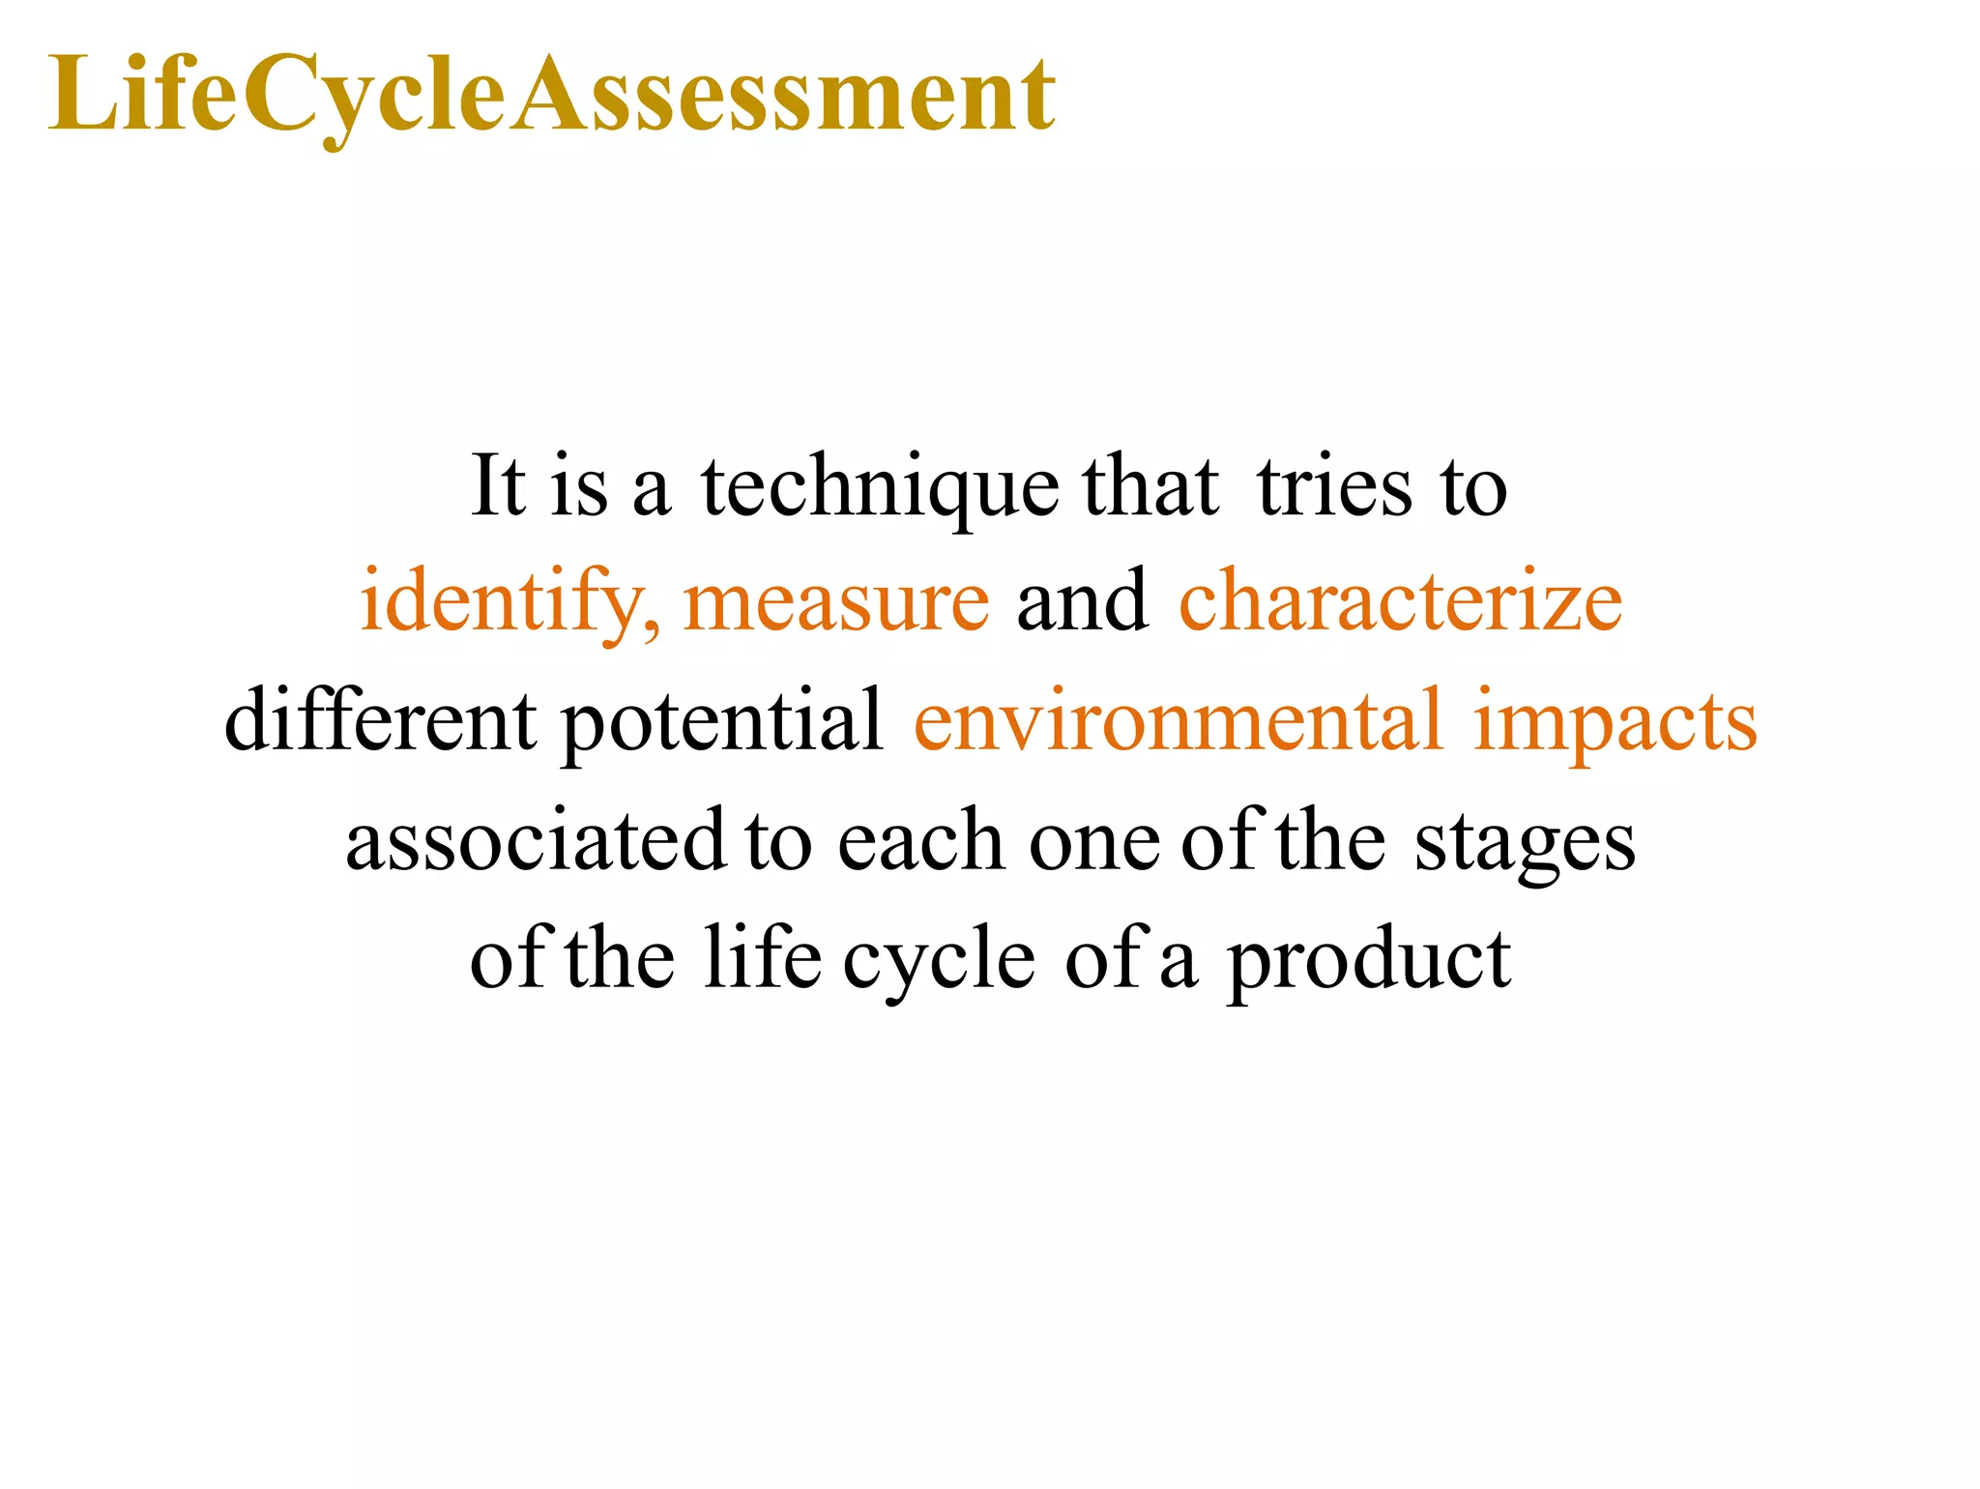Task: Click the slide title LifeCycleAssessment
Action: point(551,95)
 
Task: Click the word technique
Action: point(879,488)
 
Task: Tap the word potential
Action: point(722,723)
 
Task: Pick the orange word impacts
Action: point(1615,723)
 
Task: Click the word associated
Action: point(535,841)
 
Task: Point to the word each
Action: point(919,841)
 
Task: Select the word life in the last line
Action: point(762,959)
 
